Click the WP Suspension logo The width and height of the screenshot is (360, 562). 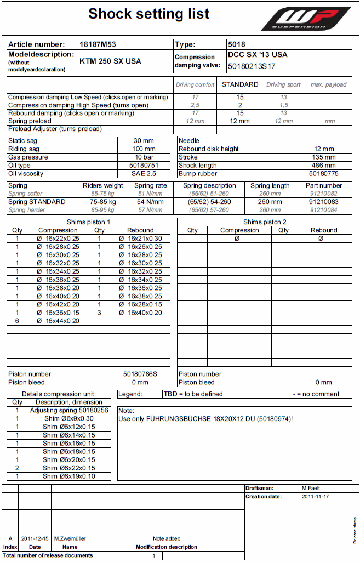pyautogui.click(x=305, y=19)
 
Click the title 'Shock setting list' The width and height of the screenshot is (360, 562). pyautogui.click(x=149, y=14)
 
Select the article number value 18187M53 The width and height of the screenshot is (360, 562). pyautogui.click(x=99, y=44)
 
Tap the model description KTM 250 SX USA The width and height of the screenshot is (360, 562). pyautogui.click(x=110, y=61)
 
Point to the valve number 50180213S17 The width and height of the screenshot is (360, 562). pyautogui.click(x=252, y=66)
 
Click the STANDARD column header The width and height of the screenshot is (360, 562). pyautogui.click(x=240, y=84)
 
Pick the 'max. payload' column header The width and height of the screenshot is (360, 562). pyautogui.click(x=328, y=84)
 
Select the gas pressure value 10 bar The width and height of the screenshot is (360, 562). pyautogui.click(x=144, y=157)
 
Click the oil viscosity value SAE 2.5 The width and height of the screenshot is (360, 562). pyautogui.click(x=144, y=174)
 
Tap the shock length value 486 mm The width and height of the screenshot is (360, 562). pyautogui.click(x=324, y=166)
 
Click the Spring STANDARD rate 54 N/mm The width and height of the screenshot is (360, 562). pyautogui.click(x=151, y=202)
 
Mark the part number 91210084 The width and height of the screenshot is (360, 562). pyautogui.click(x=324, y=210)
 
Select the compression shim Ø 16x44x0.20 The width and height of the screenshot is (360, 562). pyautogui.click(x=58, y=321)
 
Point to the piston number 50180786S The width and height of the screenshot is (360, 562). pyautogui.click(x=140, y=374)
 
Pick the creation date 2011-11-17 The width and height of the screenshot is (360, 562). pyautogui.click(x=316, y=497)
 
